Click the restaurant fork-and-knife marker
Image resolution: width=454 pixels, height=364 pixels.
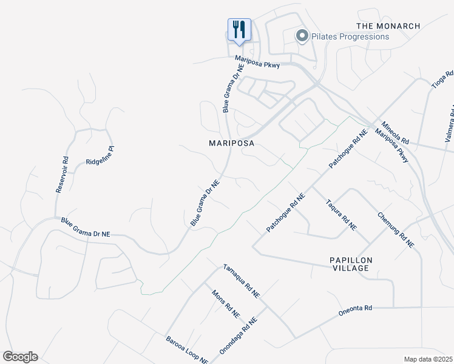tap(239, 29)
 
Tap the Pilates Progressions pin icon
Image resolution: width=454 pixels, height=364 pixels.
tap(302, 36)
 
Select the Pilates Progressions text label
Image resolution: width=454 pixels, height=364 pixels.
tap(350, 36)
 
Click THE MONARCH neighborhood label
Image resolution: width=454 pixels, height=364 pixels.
tap(388, 26)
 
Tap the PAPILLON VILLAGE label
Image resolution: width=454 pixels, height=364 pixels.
tap(350, 264)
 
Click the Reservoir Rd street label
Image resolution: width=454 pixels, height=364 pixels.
tap(62, 175)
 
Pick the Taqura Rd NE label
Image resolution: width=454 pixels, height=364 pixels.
tap(340, 214)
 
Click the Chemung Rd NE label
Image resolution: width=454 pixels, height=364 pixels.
tap(395, 230)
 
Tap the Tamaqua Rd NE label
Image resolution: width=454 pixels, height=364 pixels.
tap(241, 280)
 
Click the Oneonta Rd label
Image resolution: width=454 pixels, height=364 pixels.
tap(355, 309)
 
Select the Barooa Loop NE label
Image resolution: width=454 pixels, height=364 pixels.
tap(187, 350)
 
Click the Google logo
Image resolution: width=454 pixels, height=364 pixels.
tap(20, 357)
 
